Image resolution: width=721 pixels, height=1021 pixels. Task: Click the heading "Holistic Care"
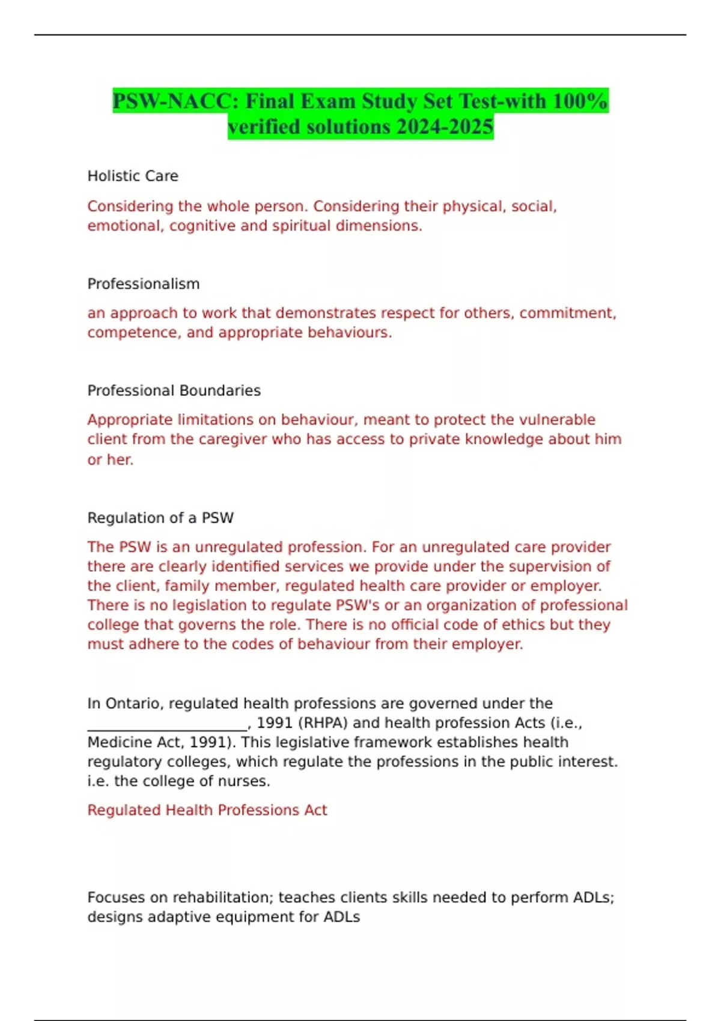133,176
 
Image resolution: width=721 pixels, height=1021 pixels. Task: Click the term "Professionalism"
144,283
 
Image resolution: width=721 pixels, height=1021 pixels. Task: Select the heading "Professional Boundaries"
174,390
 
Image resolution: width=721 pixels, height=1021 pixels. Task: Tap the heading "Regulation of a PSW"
160,518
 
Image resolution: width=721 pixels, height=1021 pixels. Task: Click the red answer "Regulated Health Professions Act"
207,810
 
